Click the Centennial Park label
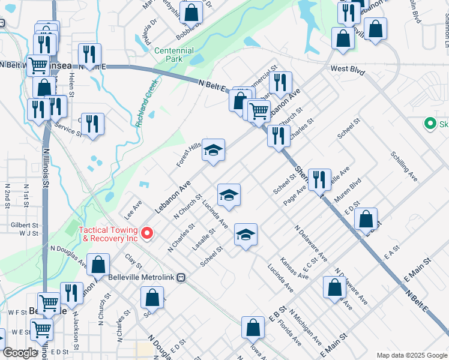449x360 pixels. click(x=174, y=55)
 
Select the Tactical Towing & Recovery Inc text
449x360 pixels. click(x=110, y=234)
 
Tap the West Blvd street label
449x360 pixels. click(x=348, y=70)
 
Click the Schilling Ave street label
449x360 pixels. click(x=403, y=166)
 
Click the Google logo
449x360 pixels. click(x=20, y=353)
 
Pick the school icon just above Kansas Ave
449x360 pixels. click(x=245, y=235)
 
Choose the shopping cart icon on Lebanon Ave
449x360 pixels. click(x=259, y=111)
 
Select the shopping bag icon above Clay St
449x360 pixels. click(x=98, y=264)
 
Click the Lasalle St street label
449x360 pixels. click(x=203, y=239)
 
